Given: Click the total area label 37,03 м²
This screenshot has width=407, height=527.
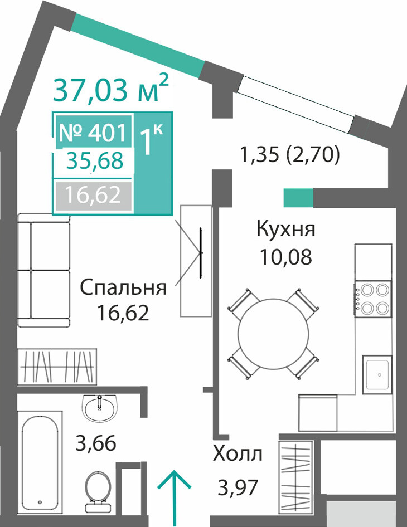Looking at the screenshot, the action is pyautogui.click(x=110, y=89).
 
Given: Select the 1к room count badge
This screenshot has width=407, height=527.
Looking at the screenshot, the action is pyautogui.click(x=151, y=139).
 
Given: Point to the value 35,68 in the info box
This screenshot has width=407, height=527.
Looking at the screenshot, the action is pyautogui.click(x=95, y=160).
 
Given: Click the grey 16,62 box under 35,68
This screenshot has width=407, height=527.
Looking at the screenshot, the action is pyautogui.click(x=93, y=196).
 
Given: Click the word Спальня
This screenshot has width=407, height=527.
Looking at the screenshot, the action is pyautogui.click(x=123, y=289).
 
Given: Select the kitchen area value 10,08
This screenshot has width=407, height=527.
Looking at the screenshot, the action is pyautogui.click(x=286, y=257).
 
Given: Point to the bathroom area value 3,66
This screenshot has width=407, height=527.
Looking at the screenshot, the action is pyautogui.click(x=96, y=443).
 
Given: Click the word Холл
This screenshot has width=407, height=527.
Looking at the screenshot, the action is pyautogui.click(x=238, y=455).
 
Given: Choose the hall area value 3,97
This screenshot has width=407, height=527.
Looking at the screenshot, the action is pyautogui.click(x=238, y=487).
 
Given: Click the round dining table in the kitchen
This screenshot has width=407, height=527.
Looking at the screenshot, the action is pyautogui.click(x=273, y=333).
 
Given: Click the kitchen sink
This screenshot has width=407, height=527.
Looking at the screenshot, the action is pyautogui.click(x=377, y=374).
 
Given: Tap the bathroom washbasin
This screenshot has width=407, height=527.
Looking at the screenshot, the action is pyautogui.click(x=100, y=408).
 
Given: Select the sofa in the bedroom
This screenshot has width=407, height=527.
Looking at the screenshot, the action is pyautogui.click(x=43, y=270).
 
